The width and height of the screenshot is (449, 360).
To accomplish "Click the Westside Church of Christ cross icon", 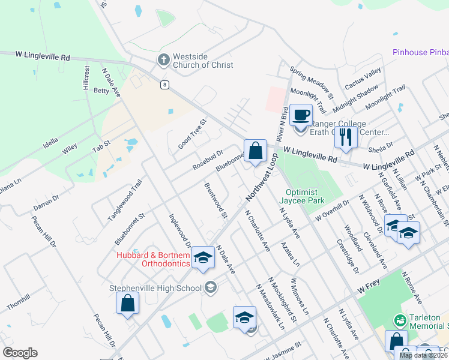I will [163, 60].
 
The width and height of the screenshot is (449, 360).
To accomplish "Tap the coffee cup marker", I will [301, 114].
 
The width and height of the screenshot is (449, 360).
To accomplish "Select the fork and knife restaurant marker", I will [346, 137].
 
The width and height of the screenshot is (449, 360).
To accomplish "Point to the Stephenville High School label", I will [155, 288].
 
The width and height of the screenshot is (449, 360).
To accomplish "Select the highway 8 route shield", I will [164, 85].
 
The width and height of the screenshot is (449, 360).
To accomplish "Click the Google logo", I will [20, 352].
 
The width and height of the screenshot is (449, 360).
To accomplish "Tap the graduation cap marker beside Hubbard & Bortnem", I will [203, 258].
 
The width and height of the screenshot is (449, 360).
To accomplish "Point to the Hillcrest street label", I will [86, 77].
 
